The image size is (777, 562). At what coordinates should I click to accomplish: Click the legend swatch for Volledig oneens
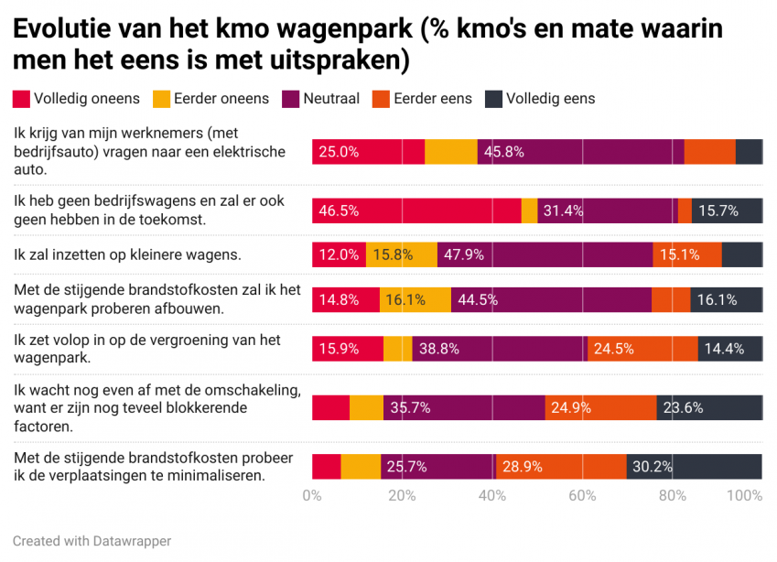[22, 98]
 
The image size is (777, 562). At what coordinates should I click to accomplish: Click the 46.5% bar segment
[416, 211]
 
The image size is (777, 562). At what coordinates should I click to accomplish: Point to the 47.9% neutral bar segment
[545, 254]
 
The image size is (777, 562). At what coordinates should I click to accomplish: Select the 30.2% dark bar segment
[694, 467]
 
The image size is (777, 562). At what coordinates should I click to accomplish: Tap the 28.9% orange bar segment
[561, 467]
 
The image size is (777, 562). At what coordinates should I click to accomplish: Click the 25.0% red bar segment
[368, 152]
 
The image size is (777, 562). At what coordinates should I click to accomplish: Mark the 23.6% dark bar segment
[709, 407]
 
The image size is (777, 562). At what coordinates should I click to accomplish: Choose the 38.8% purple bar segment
[499, 349]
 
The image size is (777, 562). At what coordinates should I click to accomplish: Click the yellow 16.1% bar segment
[415, 299]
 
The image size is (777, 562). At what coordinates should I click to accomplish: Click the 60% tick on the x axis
[582, 496]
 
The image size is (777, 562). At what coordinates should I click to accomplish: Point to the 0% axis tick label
[312, 496]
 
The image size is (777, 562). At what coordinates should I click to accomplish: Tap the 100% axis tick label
[745, 496]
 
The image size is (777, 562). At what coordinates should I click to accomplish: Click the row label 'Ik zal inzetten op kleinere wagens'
[127, 254]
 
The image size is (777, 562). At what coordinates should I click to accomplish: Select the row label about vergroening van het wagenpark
[146, 348]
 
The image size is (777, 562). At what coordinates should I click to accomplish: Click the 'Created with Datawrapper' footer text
[92, 541]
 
